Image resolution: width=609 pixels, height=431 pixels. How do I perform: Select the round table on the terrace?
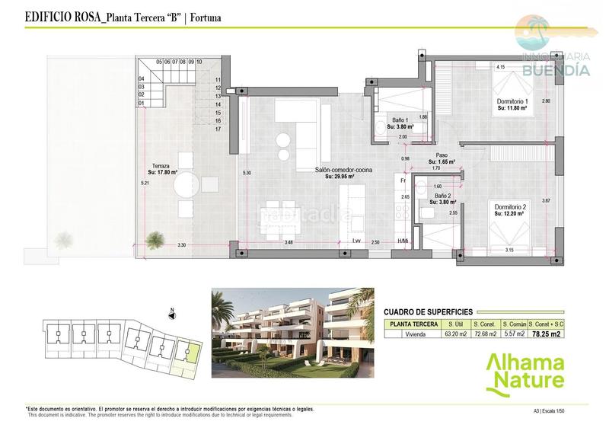tap(190, 183)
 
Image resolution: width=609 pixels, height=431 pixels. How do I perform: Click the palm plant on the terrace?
tap(155, 241)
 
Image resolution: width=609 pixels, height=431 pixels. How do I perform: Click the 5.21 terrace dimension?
tap(144, 184)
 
